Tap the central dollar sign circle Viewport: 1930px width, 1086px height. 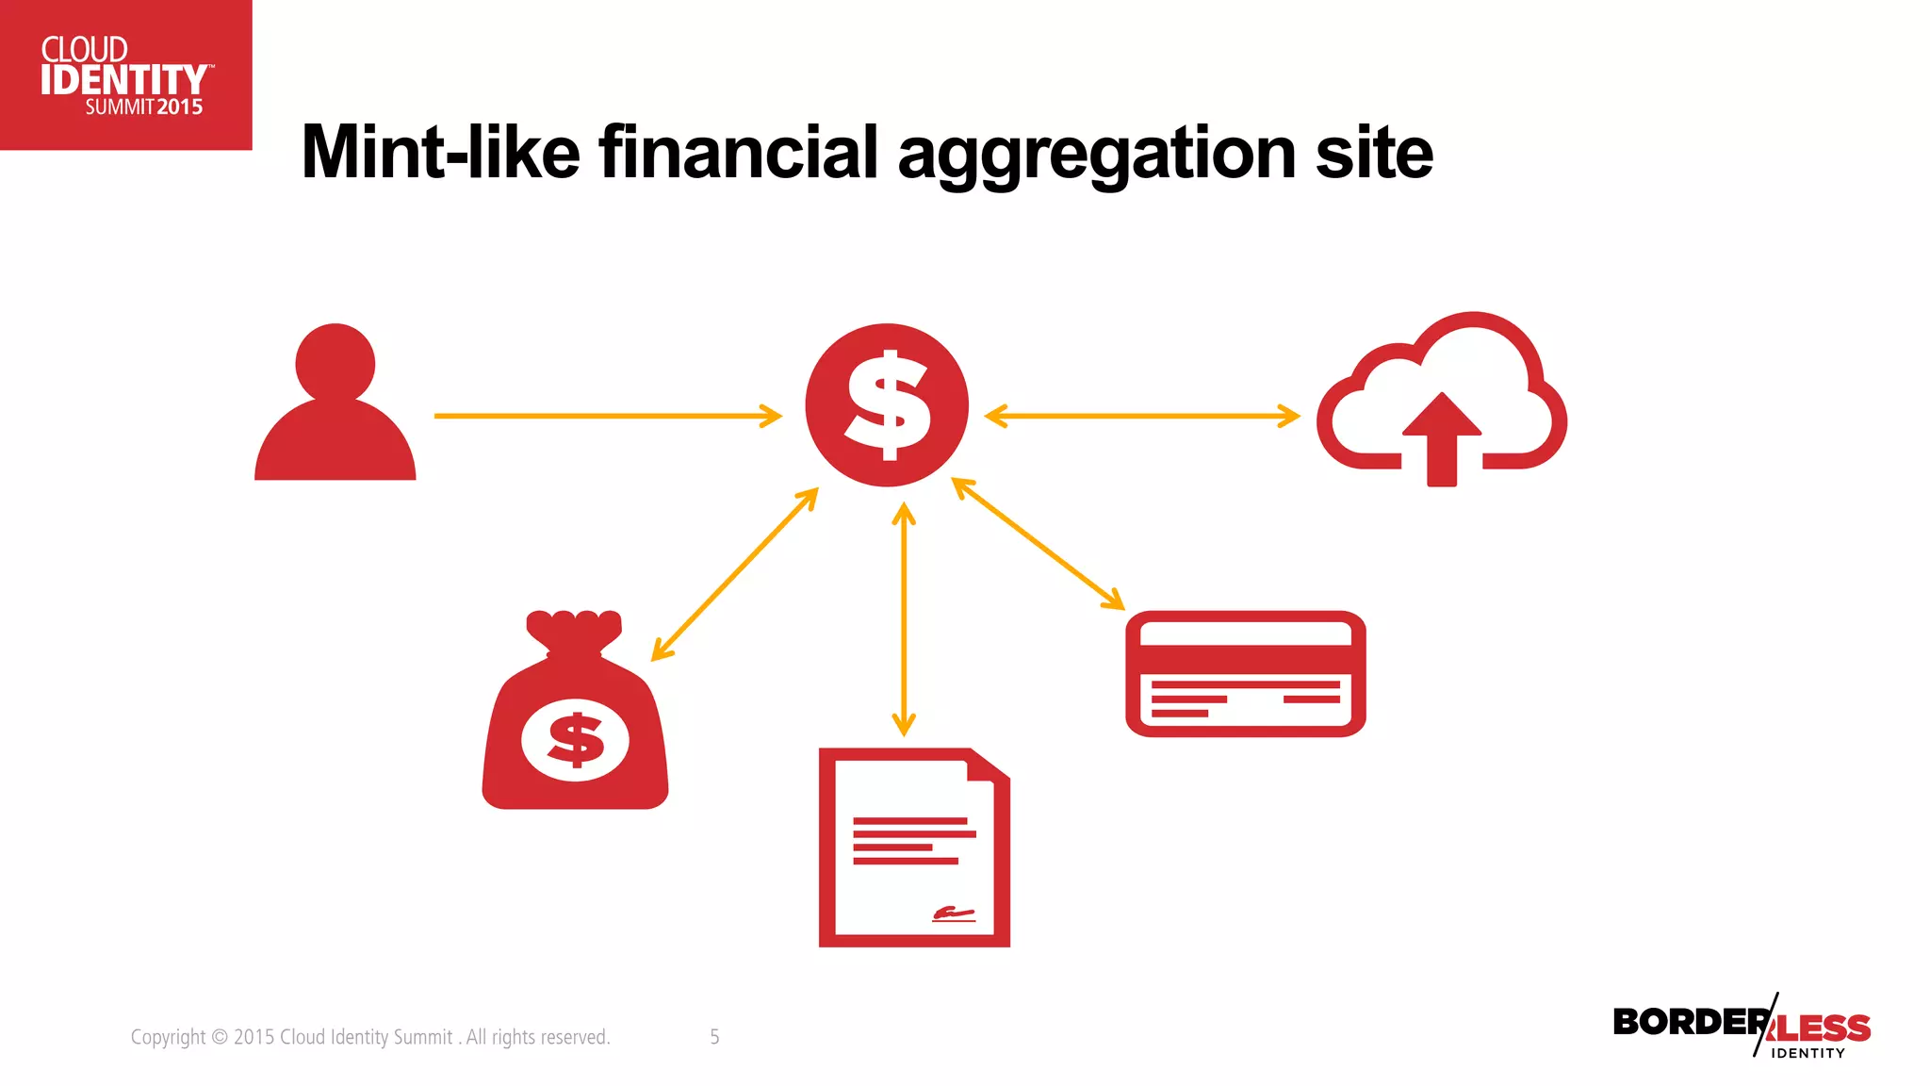coord(886,405)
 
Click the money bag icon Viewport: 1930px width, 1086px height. coord(575,716)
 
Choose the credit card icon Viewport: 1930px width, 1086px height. coord(1245,673)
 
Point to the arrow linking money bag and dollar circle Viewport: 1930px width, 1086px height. coord(735,573)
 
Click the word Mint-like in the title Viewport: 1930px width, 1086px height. coord(440,153)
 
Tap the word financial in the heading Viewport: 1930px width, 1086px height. coord(739,153)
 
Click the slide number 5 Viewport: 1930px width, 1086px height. coord(714,1037)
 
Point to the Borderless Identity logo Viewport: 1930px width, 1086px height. coord(1742,1028)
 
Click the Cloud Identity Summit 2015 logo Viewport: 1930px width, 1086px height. coord(125,75)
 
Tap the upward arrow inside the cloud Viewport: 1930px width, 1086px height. coord(1442,438)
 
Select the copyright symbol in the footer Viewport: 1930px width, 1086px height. coord(220,1037)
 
